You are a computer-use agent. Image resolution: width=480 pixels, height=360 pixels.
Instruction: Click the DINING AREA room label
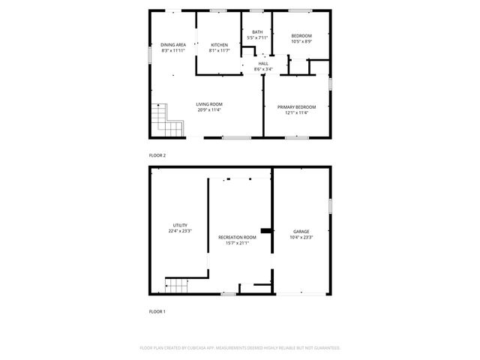click(x=172, y=45)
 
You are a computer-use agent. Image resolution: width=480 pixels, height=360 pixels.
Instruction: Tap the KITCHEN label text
click(x=219, y=45)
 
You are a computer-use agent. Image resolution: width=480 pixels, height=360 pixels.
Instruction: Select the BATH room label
click(x=257, y=31)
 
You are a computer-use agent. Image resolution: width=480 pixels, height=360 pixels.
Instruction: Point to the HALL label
click(x=263, y=64)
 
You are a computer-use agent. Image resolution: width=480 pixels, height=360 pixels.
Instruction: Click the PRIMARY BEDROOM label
click(x=296, y=107)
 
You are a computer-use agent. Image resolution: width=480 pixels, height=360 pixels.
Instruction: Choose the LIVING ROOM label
click(x=209, y=104)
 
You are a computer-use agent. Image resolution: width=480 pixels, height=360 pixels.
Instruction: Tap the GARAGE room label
click(x=301, y=232)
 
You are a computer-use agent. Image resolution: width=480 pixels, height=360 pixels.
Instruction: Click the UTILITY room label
click(x=180, y=225)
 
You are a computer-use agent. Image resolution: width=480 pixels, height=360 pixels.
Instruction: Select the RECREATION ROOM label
click(x=237, y=237)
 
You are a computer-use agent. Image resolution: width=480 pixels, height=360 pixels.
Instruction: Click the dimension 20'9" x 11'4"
click(x=209, y=110)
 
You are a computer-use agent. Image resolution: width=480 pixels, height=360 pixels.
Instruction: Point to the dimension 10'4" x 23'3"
click(x=301, y=238)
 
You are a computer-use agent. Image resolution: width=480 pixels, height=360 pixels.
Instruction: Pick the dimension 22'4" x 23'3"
click(x=180, y=231)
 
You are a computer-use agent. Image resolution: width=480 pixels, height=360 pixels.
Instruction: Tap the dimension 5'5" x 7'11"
click(x=257, y=37)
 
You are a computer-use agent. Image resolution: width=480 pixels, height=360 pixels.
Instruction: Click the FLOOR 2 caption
click(x=157, y=155)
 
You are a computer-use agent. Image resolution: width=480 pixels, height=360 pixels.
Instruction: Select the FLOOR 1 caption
click(x=157, y=310)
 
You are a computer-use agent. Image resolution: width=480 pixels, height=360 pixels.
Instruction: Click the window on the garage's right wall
click(x=329, y=206)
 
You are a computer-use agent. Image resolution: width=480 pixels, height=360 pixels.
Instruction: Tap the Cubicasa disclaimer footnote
click(x=240, y=348)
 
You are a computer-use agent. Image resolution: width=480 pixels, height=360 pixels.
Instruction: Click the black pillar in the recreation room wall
click(x=265, y=230)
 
